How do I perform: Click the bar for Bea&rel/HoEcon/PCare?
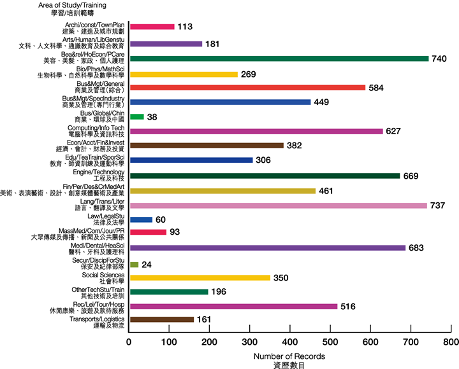tap(279, 59)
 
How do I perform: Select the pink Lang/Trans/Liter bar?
tap(278, 205)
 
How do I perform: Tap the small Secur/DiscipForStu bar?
tap(134, 263)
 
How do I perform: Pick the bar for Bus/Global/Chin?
tap(136, 117)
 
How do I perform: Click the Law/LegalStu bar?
tap(141, 219)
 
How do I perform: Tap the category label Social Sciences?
tap(105, 275)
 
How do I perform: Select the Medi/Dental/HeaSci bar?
tap(267, 249)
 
